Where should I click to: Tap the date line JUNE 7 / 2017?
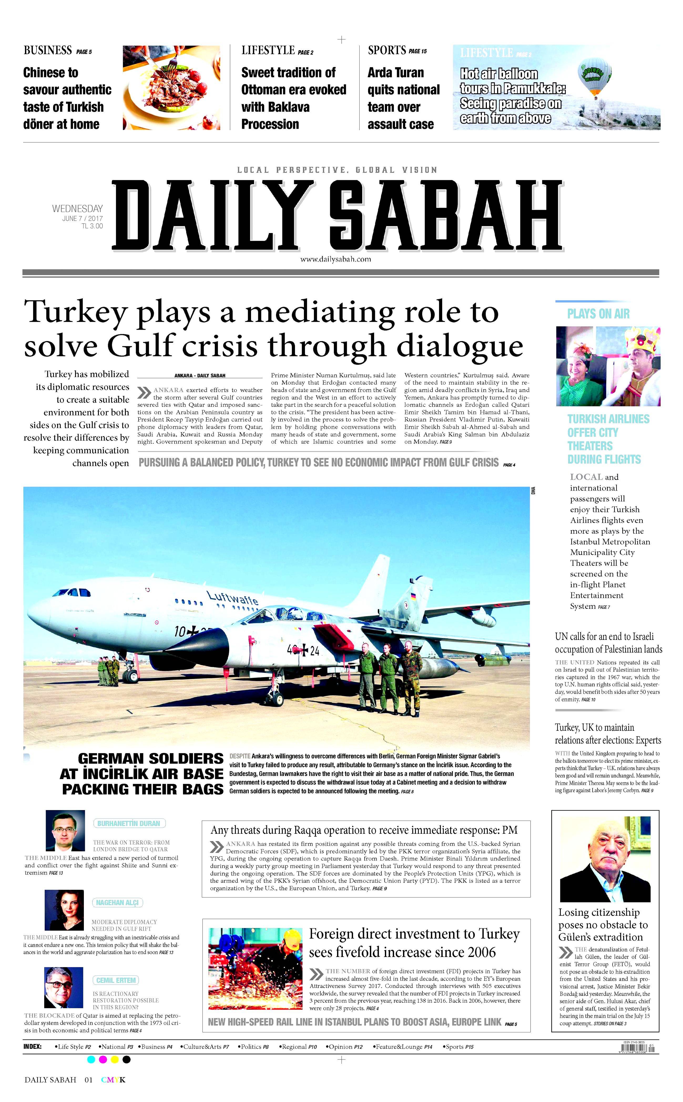(x=82, y=219)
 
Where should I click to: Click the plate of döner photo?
(x=171, y=87)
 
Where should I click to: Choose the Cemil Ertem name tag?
(x=116, y=980)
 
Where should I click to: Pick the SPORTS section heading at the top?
(x=387, y=50)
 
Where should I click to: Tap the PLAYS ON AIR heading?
(x=598, y=314)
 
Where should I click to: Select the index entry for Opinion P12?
(x=345, y=1047)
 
